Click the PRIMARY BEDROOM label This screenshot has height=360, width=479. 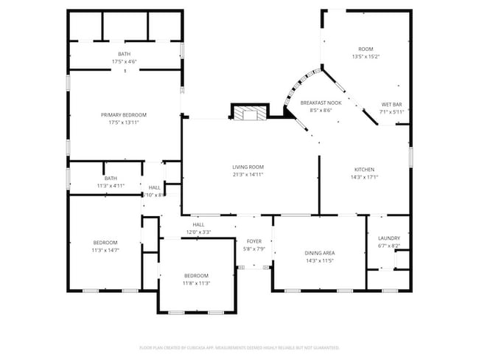[x=124, y=114]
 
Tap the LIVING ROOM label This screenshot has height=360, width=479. [x=248, y=167]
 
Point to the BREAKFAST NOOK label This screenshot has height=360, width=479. [x=321, y=103]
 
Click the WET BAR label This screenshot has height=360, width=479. [x=391, y=104]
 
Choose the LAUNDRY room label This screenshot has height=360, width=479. [x=388, y=238]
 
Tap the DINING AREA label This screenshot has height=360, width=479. [x=320, y=253]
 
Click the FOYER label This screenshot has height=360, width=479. [x=254, y=241]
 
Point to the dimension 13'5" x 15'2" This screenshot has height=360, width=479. [x=366, y=56]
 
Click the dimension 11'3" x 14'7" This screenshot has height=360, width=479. [x=105, y=250]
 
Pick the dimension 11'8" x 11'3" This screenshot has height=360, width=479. [x=197, y=283]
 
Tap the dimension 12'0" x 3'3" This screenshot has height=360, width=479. [x=198, y=232]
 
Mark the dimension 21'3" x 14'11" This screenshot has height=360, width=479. [x=248, y=175]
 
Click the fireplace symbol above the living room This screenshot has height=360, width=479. [x=248, y=112]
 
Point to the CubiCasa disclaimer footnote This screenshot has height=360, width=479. [x=239, y=347]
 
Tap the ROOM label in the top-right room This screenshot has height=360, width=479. [x=366, y=49]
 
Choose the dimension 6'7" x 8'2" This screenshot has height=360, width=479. [x=388, y=246]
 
